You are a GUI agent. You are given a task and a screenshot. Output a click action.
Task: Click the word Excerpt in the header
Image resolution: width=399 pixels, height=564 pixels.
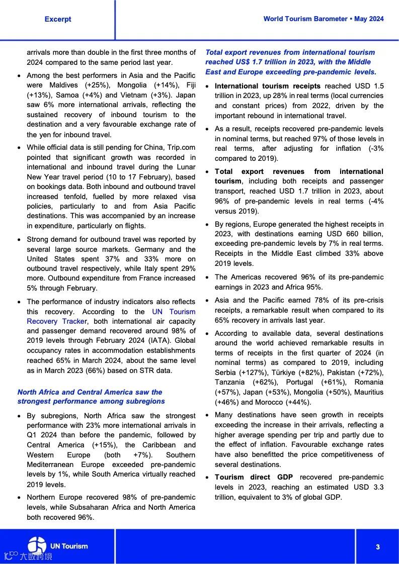(58, 19)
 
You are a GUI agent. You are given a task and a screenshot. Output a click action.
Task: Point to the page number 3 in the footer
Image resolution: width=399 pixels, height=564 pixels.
(377, 547)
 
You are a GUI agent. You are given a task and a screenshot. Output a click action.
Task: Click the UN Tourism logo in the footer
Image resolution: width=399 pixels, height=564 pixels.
(58, 546)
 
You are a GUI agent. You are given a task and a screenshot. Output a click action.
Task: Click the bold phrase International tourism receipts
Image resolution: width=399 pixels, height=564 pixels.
(267, 86)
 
